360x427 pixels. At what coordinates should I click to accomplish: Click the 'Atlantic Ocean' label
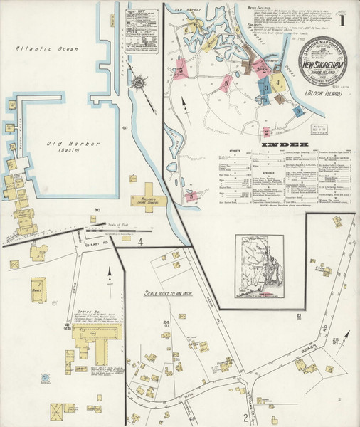point(48,49)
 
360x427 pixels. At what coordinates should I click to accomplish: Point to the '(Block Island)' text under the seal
point(320,93)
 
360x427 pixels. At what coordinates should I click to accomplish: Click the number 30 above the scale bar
point(97,210)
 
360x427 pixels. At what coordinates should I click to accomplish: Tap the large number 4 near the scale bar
point(141,243)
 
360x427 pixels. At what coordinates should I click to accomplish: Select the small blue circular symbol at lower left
point(44,378)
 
